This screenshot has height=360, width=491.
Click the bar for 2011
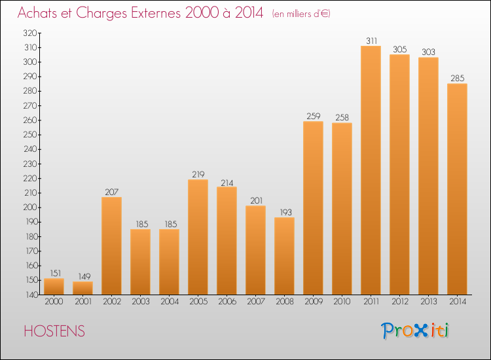coord(371,170)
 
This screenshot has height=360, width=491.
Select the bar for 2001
coord(82,288)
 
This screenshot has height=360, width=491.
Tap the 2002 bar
coord(111,245)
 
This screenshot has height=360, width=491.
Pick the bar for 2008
coord(284,256)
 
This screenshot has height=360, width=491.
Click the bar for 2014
coord(457,189)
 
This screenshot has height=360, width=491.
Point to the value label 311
coord(372,41)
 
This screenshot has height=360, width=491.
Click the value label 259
coord(314,116)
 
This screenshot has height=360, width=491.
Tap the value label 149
coord(84,276)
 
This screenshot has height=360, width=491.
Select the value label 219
coord(198,174)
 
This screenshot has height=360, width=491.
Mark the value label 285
coord(458,79)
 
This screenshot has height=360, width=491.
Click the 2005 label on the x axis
coord(198,302)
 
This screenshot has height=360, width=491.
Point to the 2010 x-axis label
coord(342,302)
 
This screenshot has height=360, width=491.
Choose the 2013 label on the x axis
coord(428,302)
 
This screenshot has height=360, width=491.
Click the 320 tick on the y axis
coord(30,33)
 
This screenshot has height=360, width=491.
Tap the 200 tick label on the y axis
coord(30,207)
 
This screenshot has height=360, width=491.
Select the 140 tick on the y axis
coord(31,295)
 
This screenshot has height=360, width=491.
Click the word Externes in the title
coord(155,13)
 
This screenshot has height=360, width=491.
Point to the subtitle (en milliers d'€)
coord(301,14)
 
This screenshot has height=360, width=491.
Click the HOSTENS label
coord(54,331)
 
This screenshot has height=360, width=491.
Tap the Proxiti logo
coord(414,331)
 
